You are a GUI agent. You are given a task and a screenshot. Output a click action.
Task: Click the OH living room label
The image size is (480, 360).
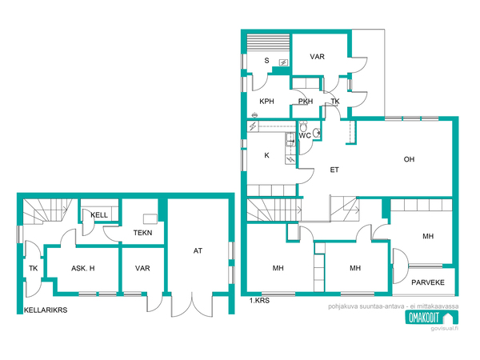pyautogui.click(x=409, y=159)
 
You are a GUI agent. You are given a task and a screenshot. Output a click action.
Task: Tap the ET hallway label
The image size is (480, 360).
pyautogui.click(x=334, y=170)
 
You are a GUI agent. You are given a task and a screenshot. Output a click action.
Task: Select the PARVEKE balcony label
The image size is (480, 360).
pyautogui.click(x=428, y=282)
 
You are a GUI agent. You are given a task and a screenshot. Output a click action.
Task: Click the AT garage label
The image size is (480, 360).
pyautogui.click(x=198, y=250)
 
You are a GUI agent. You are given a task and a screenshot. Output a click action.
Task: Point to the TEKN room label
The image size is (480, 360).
pyautogui.click(x=142, y=233)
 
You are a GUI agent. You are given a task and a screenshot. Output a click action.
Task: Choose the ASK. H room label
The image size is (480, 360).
pyautogui.click(x=83, y=269)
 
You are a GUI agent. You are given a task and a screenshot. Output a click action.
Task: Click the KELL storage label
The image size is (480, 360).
pyautogui.click(x=99, y=215)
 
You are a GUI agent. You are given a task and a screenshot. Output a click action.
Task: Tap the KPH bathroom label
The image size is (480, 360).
pyautogui.click(x=266, y=102)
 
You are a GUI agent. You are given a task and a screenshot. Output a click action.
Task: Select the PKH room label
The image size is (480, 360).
pyautogui.click(x=306, y=102)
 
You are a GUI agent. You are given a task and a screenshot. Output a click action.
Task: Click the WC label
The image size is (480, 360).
pyautogui.click(x=305, y=136)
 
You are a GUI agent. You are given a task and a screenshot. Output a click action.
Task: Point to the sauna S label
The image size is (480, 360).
pyautogui.click(x=266, y=61)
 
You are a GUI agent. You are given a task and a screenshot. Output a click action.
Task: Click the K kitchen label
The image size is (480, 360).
pyautogui.click(x=266, y=155)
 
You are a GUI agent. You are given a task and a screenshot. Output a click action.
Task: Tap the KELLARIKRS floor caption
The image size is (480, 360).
pyautogui.click(x=46, y=310)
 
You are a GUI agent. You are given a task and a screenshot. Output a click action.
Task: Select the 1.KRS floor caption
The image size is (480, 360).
pyautogui.click(x=259, y=301)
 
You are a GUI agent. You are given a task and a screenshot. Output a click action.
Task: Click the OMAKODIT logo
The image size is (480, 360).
pyautogui.click(x=432, y=318)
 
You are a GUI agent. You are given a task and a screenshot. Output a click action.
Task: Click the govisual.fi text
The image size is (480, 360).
pyautogui.click(x=445, y=329)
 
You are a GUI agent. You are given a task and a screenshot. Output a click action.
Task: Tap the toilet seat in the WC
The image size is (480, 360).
pyautogui.click(x=303, y=126)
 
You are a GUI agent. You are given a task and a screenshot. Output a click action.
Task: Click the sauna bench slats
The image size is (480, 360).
pyautogui.click(x=268, y=43)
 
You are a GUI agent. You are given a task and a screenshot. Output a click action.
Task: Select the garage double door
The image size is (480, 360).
pyautogui.click(x=192, y=305)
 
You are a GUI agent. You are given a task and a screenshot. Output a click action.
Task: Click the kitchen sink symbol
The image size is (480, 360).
pyautogui.click(x=290, y=139)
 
